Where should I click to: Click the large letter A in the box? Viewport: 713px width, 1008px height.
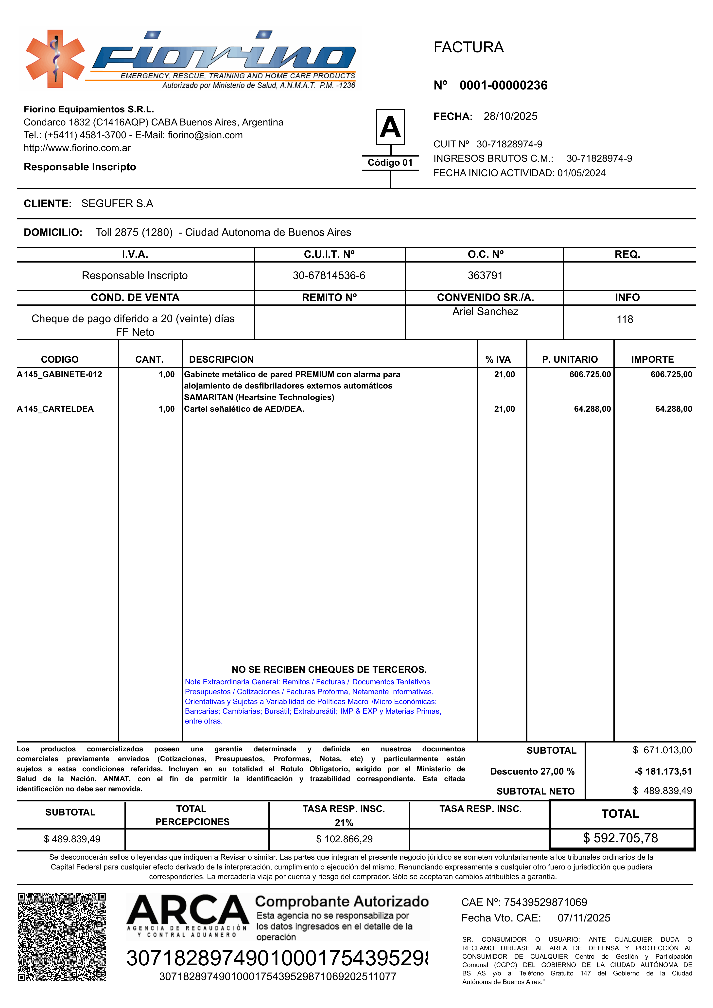click(390, 127)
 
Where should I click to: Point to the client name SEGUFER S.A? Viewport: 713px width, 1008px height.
click(117, 204)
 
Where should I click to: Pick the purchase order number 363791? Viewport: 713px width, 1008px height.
click(485, 276)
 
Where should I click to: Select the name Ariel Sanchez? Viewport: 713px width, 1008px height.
click(485, 312)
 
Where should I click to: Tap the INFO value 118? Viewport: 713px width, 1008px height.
click(625, 320)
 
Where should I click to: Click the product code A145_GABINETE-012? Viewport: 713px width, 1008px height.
click(59, 374)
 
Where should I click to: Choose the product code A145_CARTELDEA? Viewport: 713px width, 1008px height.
click(55, 409)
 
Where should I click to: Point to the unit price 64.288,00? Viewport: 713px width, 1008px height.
click(592, 409)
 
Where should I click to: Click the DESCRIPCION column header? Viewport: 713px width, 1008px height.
click(221, 360)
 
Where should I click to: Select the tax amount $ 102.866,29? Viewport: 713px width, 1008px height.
click(344, 839)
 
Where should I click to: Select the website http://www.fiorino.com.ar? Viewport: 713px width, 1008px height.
click(77, 148)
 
